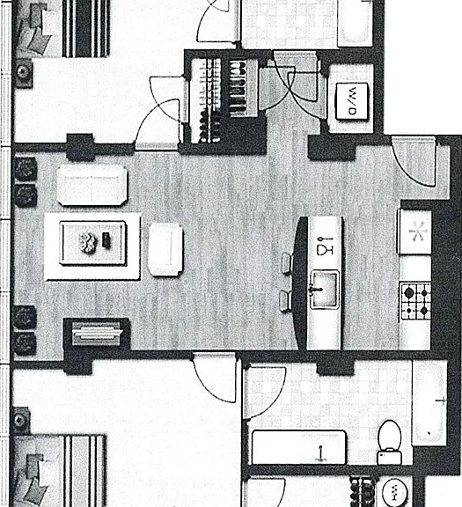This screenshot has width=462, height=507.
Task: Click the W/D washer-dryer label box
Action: point(352,101)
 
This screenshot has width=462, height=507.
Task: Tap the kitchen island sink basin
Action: point(324,290)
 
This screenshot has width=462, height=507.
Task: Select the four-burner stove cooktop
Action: point(415,301)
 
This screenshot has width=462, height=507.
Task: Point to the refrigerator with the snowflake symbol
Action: point(415,231)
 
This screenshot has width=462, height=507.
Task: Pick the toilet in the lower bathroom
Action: point(390,442)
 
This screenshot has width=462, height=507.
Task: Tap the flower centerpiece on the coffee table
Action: point(88,243)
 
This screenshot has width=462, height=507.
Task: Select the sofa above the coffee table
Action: point(92,185)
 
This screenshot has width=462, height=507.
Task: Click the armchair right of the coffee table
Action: point(165,249)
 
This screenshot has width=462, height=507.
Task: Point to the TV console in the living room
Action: point(97,333)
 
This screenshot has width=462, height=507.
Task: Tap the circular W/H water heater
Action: point(394,491)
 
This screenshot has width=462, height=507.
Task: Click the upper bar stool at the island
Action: point(287,263)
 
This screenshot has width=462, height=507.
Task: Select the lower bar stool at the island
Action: point(285,301)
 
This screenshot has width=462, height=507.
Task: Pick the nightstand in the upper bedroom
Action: point(23,73)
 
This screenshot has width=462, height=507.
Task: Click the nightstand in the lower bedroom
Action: point(21,421)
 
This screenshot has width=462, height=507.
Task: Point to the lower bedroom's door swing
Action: point(215,378)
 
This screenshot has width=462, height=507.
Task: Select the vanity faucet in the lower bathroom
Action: point(320,453)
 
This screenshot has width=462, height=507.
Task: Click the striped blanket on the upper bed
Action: point(85,28)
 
